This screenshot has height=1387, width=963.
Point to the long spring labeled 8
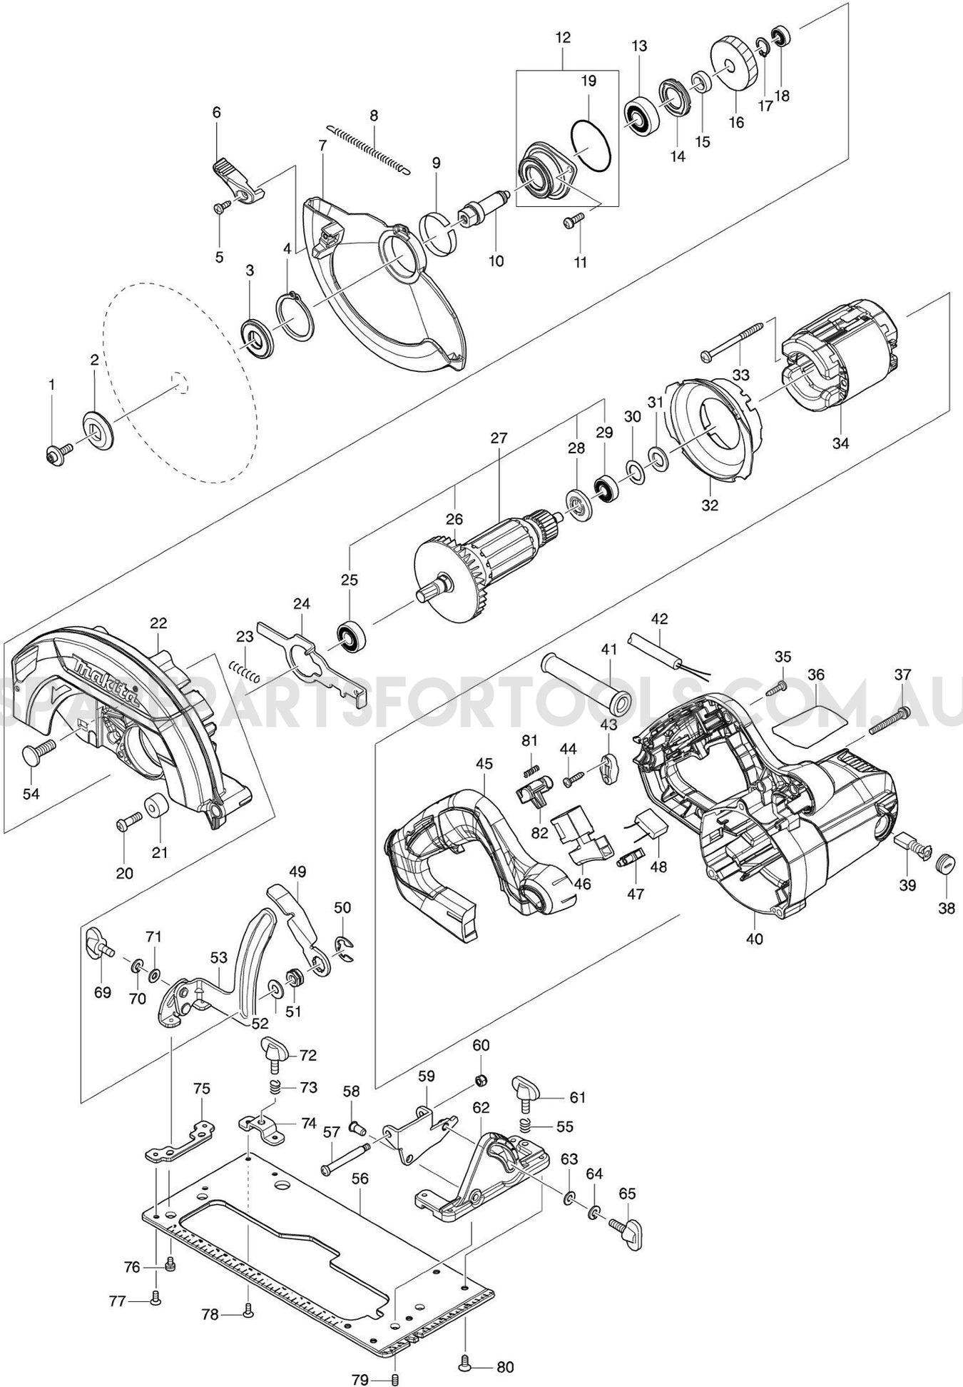[x=369, y=149]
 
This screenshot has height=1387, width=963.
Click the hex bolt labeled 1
[x=56, y=452]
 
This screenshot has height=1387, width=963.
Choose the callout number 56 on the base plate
[x=360, y=1179]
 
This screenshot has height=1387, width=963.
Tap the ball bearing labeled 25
[x=351, y=637]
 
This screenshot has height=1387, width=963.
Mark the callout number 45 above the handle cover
[x=484, y=763]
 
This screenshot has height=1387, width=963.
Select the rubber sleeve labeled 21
[x=154, y=807]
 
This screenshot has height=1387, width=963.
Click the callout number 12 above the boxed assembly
[x=563, y=38]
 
